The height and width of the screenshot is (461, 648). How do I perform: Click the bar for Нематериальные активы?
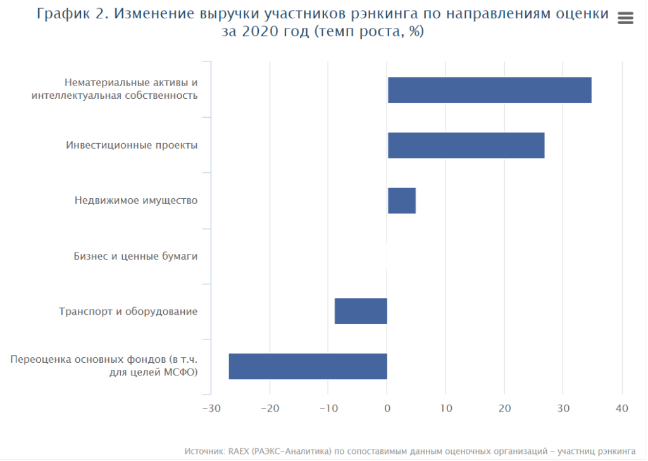click(489, 90)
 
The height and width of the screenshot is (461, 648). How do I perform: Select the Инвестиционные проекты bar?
click(466, 146)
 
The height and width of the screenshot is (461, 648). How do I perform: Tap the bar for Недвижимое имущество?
click(401, 201)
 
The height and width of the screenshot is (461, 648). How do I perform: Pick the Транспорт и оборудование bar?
click(361, 311)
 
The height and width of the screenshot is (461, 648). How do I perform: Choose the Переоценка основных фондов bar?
click(308, 366)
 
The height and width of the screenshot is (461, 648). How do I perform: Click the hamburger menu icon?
click(625, 18)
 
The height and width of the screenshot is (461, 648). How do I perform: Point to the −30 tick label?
click(211, 408)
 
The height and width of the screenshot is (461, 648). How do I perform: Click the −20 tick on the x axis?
click(270, 408)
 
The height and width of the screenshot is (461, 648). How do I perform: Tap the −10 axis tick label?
click(328, 408)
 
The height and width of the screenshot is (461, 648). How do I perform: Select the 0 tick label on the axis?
click(387, 408)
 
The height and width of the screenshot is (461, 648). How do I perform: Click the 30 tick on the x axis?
click(563, 408)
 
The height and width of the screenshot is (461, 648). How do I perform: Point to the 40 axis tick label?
click(622, 408)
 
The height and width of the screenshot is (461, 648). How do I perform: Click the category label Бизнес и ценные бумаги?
click(135, 256)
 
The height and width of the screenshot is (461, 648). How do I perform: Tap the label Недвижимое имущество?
click(136, 201)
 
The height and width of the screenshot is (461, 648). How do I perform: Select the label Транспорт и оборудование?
click(128, 312)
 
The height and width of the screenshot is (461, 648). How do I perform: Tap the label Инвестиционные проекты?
click(132, 146)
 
